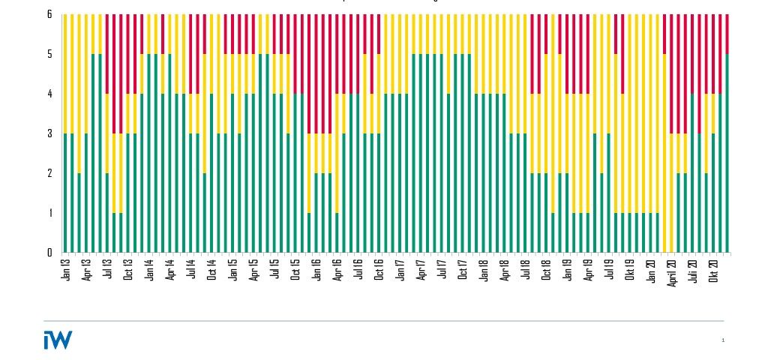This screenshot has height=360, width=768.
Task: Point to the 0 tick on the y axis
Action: pos(49,253)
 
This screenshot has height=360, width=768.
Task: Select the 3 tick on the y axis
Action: pos(49,133)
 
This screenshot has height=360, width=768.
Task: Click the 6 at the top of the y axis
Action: pos(49,15)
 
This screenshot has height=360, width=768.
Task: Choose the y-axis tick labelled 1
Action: pos(49,213)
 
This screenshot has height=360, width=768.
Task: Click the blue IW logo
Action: pos(58,340)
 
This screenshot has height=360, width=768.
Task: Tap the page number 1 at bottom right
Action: pos(723,340)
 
